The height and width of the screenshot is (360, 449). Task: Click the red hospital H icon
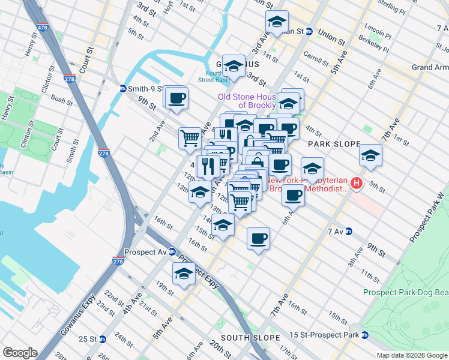coord(357,183)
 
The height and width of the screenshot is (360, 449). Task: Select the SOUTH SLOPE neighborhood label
coord(243,338)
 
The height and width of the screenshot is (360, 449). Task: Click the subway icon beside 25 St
coord(103,339)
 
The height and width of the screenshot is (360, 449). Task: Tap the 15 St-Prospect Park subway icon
coord(364,334)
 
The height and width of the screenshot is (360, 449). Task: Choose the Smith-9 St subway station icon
coord(122,88)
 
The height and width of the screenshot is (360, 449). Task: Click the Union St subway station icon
coord(309,32)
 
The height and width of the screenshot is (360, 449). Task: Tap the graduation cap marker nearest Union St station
coord(277,23)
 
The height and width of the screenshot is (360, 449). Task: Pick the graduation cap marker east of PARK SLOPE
coord(371,155)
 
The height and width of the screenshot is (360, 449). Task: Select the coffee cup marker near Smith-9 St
coord(176,98)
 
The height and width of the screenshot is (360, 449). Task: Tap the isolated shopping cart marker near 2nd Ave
coord(190,138)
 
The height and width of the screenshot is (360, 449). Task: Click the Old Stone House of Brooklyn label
coord(247,100)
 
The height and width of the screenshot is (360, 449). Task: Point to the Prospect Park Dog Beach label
coord(405,292)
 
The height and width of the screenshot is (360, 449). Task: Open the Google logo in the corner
coord(20,353)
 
